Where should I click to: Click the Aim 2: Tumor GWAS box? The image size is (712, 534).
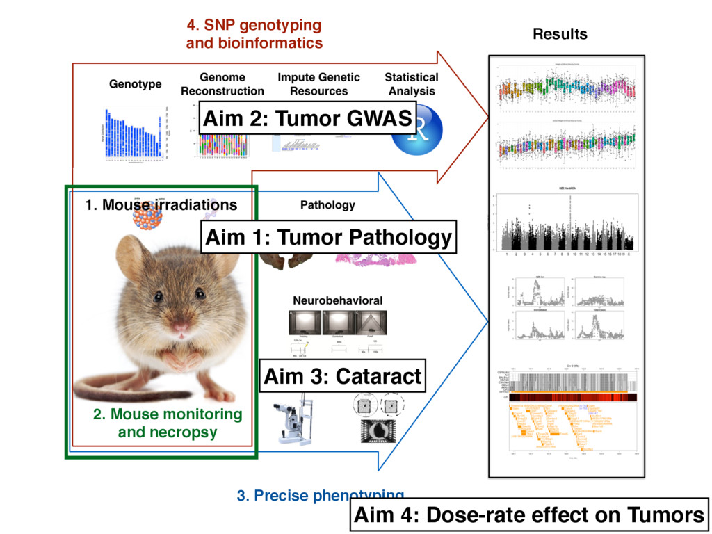[307, 119]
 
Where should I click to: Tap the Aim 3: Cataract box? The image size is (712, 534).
[342, 377]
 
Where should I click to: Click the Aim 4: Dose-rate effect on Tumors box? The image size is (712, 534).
[529, 515]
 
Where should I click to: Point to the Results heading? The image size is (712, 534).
[560, 34]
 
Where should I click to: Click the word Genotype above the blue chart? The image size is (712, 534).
[135, 84]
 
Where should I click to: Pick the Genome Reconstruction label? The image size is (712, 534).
[222, 84]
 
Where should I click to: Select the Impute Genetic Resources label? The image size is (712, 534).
[318, 84]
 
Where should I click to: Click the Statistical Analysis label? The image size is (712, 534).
[412, 84]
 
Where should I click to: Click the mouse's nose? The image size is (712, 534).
[180, 326]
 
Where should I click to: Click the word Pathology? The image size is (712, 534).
[327, 205]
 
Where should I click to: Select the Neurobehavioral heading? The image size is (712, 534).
[337, 301]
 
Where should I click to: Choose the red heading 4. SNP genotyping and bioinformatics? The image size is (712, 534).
[254, 34]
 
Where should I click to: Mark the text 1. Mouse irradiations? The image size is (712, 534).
[161, 205]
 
